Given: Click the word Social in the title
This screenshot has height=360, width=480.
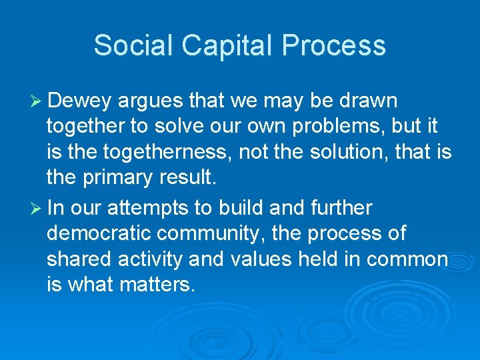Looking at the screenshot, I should (x=132, y=45).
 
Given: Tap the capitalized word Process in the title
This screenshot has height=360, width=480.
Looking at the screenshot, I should (x=334, y=45).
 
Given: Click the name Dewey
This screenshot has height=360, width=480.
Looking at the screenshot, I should (x=81, y=101).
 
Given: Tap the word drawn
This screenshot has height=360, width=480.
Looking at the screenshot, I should (x=368, y=101).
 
